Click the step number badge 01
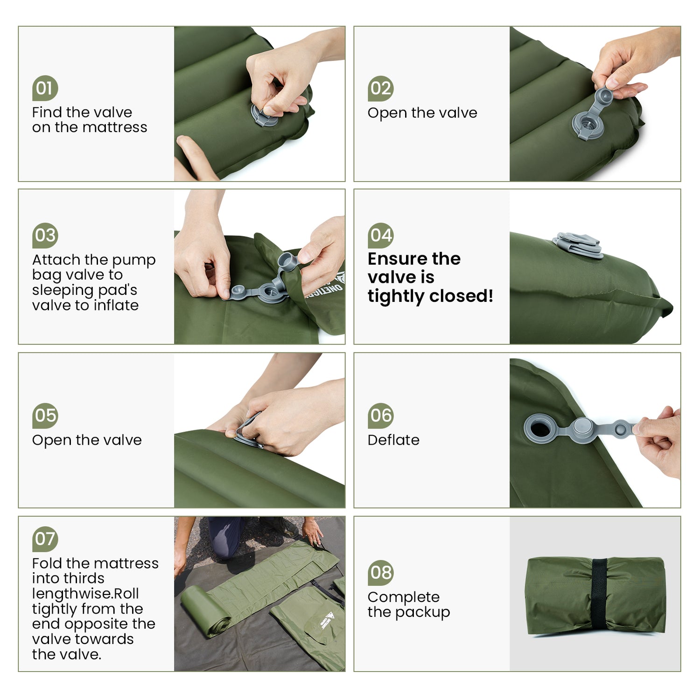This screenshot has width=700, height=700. tap(45, 88)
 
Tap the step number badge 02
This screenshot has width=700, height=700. tap(380, 88)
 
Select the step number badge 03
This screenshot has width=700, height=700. tap(45, 235)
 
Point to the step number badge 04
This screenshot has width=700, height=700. tap(380, 235)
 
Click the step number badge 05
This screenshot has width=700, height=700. tap(45, 415)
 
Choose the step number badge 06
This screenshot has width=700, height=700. tap(380, 415)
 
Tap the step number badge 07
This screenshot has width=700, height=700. tap(45, 539)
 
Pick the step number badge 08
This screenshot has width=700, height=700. tap(380, 573)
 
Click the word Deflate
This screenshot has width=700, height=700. tap(393, 440)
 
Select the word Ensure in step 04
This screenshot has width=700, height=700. tap(397, 259)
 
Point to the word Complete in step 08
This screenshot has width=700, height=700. tap(403, 597)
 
